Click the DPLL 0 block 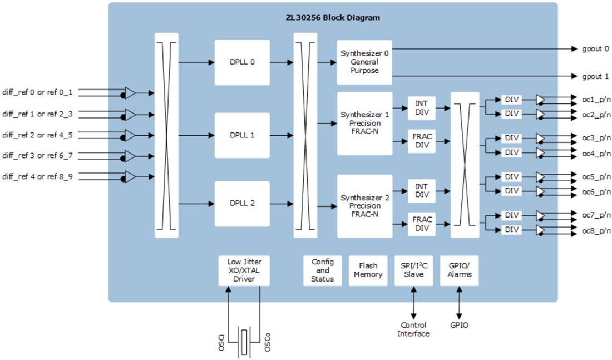[242, 62]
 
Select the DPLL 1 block [242, 135]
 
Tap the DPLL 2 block [242, 203]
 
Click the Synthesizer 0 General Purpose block [364, 62]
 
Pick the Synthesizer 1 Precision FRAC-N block [364, 124]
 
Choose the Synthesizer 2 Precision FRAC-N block [364, 206]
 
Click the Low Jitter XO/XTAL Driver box [244, 270]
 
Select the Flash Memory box [368, 270]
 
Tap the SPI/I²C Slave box [413, 270]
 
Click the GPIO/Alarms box [459, 270]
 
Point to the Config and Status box [323, 270]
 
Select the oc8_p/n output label [596, 231]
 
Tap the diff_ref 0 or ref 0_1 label [37, 92]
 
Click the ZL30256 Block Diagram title [333, 18]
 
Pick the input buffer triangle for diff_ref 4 [130, 177]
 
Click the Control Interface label [413, 329]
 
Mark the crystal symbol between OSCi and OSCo [245, 340]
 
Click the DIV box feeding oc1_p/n [511, 100]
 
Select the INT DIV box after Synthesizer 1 [422, 107]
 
